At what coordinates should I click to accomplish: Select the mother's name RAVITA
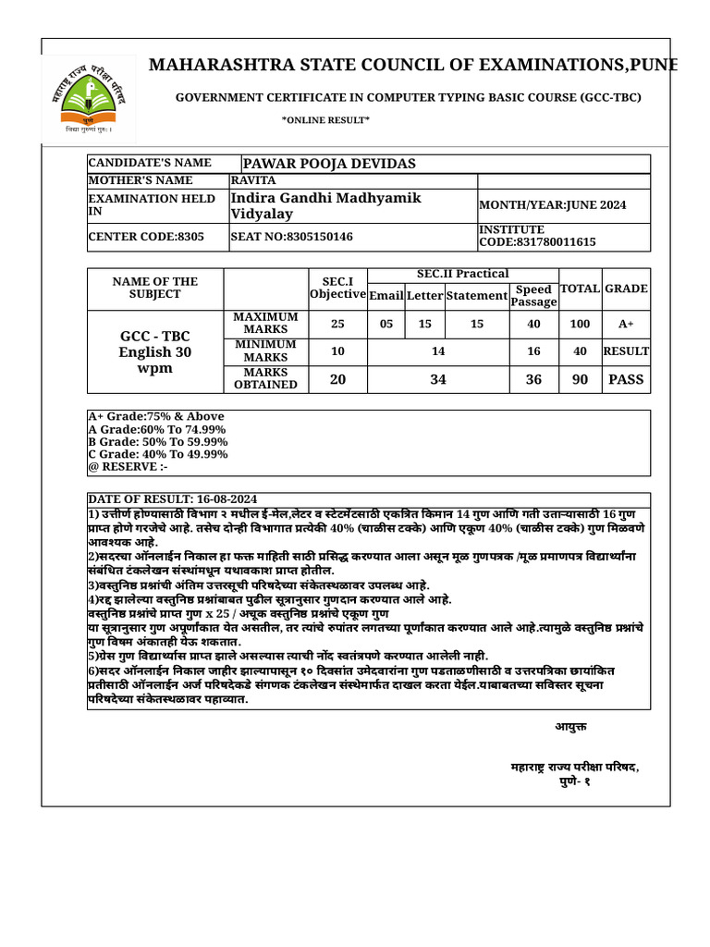254,180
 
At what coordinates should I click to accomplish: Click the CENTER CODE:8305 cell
134,236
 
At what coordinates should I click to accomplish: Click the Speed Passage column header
533,296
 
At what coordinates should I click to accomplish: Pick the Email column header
386,296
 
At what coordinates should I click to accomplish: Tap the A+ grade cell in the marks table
626,324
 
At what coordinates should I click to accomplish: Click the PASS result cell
626,379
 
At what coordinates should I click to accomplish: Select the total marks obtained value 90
580,379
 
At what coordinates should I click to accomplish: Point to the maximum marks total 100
580,324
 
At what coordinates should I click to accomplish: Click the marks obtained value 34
438,379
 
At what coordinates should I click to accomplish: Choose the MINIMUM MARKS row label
266,351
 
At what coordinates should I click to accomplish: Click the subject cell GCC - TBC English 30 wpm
156,351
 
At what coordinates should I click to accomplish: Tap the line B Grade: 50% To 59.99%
157,442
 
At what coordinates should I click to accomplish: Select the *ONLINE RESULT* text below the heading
325,120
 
